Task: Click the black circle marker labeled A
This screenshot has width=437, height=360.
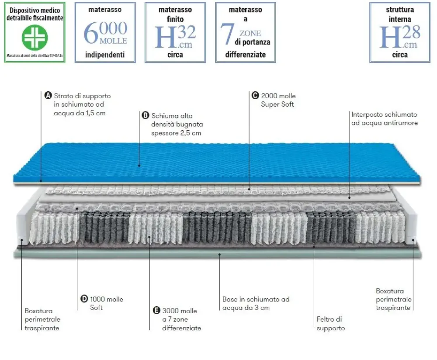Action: (49, 96)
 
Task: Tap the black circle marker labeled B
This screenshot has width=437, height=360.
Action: (146, 116)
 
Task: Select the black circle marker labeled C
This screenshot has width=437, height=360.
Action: (255, 96)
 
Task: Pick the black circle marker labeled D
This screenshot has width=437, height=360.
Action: (84, 299)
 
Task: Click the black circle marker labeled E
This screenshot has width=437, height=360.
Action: (156, 311)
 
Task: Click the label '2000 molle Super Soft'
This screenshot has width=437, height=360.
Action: (278, 100)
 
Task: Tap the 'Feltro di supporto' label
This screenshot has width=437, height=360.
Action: (330, 324)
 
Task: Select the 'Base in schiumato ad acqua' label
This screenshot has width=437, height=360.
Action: (256, 303)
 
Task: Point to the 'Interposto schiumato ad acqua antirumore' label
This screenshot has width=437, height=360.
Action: (385, 118)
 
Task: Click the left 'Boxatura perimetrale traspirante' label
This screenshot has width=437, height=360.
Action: (42, 319)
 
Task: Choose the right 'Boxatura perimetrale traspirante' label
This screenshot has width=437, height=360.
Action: (393, 299)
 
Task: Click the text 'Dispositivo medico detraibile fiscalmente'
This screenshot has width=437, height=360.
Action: (35, 14)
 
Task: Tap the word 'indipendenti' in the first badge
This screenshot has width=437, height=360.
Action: (105, 55)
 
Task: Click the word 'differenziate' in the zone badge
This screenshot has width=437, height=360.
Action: (245, 55)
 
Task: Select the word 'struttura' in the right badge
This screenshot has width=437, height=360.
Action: (400, 10)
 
